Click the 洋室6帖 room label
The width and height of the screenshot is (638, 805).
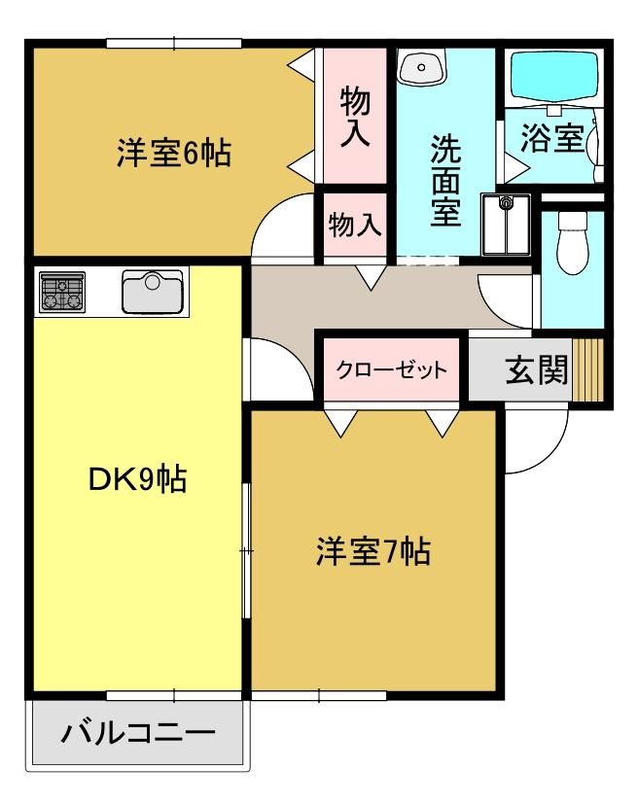pos(174,153)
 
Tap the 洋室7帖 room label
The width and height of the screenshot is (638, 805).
pos(372,551)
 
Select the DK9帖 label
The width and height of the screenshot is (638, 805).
pos(138,479)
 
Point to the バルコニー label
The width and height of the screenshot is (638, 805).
pos(138,733)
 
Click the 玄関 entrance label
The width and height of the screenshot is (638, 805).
pos(537,369)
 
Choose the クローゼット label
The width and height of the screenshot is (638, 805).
pos(391,369)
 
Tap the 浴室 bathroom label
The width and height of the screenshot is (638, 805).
pos(552,138)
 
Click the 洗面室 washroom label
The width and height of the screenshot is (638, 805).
pos(445,180)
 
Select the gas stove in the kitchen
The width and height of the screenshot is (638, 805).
pos(62,292)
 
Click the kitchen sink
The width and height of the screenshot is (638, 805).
pos(152,292)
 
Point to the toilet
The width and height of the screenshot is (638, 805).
pos(572,241)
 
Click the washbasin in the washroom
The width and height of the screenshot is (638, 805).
pos(422,67)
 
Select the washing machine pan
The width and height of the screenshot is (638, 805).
pos(506,225)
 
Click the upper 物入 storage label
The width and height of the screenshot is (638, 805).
pos(354,116)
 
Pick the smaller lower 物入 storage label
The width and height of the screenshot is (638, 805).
pos(354,225)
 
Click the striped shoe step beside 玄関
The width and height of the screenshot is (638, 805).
pos(587,369)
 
